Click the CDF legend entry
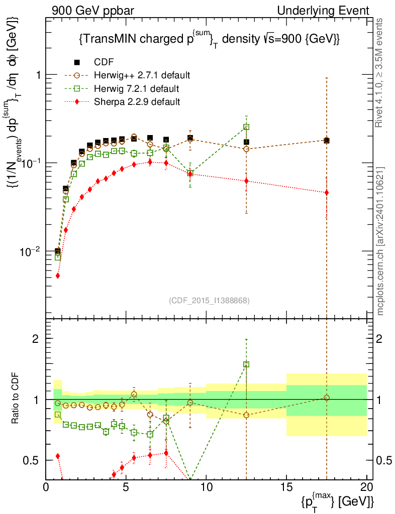104,62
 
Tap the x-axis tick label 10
206,487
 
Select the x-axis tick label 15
286,487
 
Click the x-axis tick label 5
126,487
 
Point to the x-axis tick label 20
367,487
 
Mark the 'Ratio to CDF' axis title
16,399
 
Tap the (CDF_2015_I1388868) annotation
209,300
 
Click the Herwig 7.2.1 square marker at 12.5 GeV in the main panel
246,127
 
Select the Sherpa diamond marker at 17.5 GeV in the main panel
327,193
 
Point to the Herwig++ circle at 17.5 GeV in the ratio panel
327,398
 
